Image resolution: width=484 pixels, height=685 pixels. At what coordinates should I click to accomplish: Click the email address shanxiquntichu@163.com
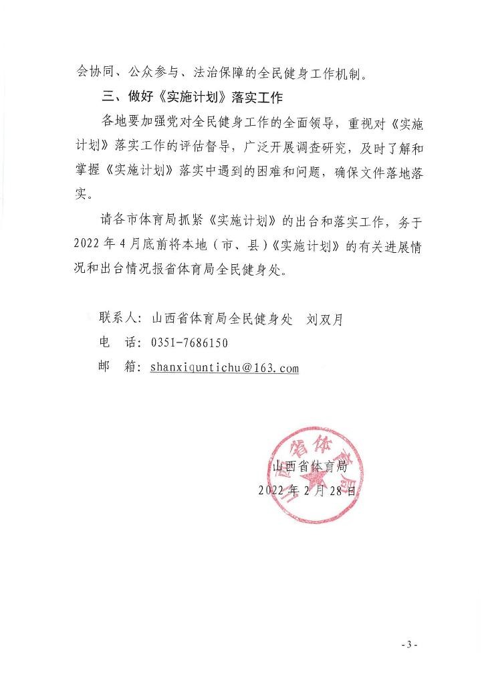(x=224, y=368)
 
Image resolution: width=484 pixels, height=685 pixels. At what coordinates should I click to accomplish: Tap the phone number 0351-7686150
(x=190, y=343)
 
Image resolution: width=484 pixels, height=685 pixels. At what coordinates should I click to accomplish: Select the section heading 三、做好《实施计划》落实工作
(x=190, y=99)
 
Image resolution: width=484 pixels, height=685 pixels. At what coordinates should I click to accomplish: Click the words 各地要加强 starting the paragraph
(x=131, y=124)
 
